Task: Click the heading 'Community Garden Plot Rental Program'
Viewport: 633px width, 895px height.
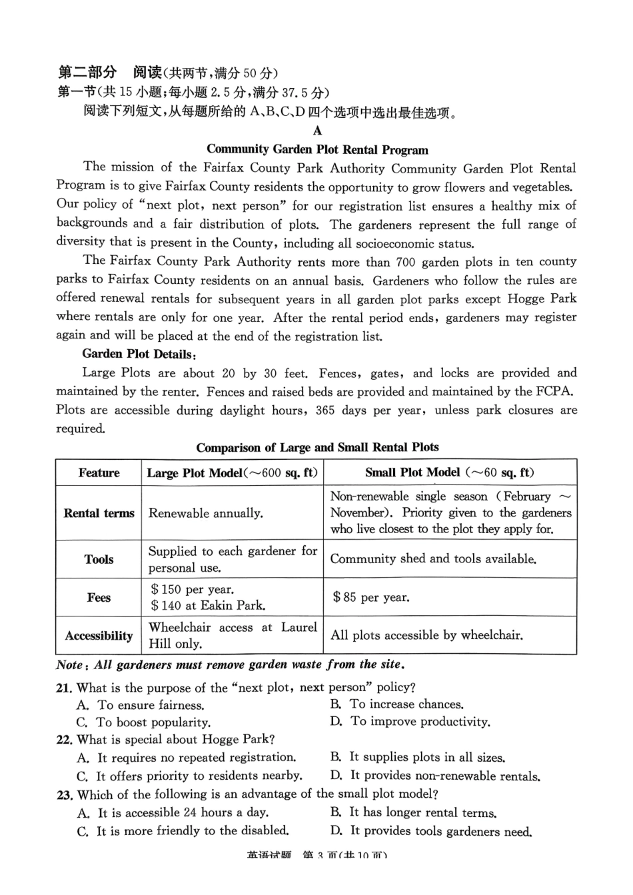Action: coord(317,150)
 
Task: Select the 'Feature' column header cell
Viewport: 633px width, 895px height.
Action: coord(99,473)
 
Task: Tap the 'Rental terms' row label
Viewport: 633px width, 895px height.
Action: coord(99,513)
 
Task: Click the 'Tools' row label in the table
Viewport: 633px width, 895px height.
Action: coord(99,560)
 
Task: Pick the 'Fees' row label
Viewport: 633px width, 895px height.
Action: coord(99,598)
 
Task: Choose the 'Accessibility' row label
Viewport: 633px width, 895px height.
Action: coord(99,636)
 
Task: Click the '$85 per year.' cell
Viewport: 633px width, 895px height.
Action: coord(371,598)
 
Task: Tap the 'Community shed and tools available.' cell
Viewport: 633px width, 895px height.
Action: coord(433,559)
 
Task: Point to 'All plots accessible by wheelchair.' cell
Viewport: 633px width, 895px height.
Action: coord(426,636)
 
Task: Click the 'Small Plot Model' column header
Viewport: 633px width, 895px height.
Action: coord(449,472)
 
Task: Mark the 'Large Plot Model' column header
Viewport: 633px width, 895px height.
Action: coord(232,473)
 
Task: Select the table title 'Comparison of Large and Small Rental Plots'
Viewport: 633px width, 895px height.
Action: coord(317,447)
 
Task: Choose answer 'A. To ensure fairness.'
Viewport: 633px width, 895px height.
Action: coord(141,705)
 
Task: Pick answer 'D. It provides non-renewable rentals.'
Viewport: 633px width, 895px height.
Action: coord(435,776)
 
